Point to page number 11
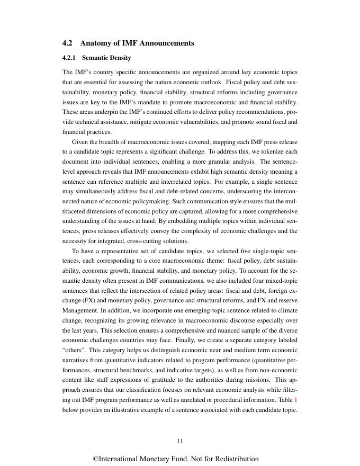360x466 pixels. point(180,441)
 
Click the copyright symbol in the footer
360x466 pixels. point(96,459)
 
